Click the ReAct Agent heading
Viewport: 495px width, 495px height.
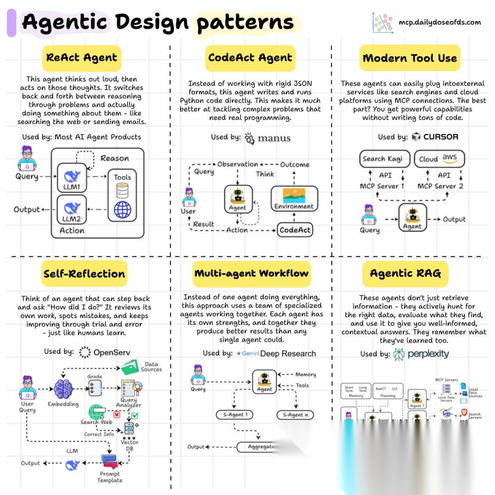coord(82,58)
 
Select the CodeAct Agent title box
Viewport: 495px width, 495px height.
coord(250,58)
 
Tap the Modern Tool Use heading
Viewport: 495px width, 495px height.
coord(410,58)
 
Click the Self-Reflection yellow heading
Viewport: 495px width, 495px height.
coord(84,274)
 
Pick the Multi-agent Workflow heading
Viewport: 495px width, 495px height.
coord(252,274)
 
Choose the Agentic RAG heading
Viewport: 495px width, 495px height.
coord(405,274)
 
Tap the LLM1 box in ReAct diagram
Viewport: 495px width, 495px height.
coord(72,180)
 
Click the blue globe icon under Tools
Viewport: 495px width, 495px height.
coord(122,209)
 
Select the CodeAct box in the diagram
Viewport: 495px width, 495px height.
coord(295,230)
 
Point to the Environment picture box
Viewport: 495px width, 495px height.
coord(294,198)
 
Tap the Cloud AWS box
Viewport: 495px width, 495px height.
coord(439,159)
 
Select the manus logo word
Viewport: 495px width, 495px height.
coord(274,138)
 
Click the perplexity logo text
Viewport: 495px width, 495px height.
coord(429,354)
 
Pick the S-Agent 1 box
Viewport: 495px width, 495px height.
coord(236,415)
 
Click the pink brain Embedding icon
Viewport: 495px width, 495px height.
coord(63,389)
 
